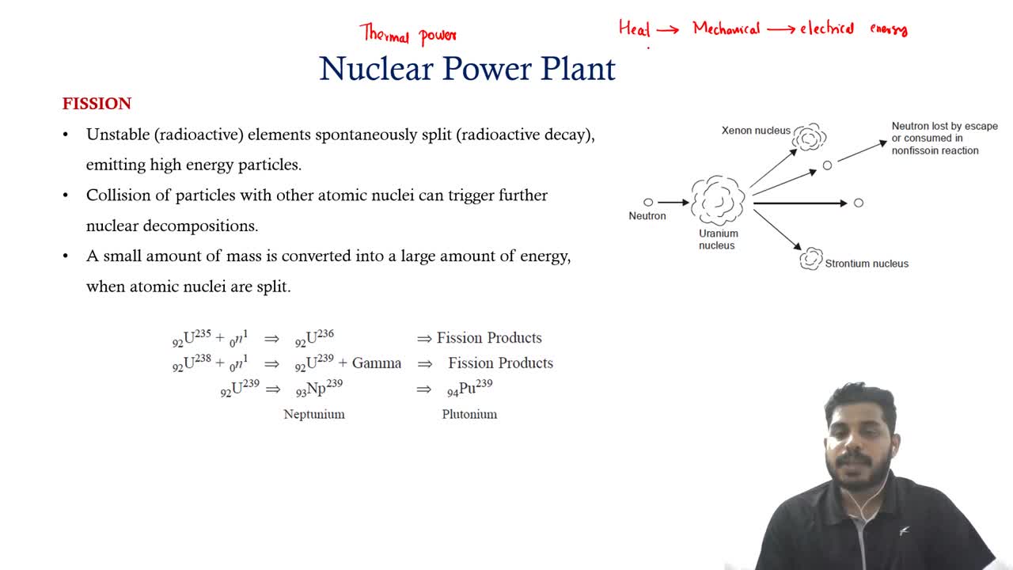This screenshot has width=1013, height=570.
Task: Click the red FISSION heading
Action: click(x=97, y=104)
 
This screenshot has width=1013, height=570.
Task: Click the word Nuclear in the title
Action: click(x=376, y=69)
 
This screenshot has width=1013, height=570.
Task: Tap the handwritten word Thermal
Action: click(x=385, y=33)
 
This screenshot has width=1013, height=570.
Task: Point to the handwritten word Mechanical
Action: click(x=727, y=29)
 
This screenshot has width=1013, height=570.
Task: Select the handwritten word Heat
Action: click(x=635, y=28)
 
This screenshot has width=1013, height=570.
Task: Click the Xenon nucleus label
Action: click(x=756, y=131)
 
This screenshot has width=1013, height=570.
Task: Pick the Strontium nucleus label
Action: click(x=867, y=264)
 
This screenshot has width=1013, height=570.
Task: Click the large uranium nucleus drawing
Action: click(x=718, y=200)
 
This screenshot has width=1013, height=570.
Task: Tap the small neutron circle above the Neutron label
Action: click(x=648, y=202)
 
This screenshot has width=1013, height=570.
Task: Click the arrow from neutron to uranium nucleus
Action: click(x=673, y=202)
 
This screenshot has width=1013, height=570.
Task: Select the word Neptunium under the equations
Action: click(x=314, y=414)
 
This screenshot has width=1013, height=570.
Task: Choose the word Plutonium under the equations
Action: click(x=469, y=414)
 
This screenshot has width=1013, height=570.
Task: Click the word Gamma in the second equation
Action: click(x=376, y=363)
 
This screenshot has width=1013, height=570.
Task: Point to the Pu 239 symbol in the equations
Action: click(x=470, y=389)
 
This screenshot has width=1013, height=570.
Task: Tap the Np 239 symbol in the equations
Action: click(x=319, y=389)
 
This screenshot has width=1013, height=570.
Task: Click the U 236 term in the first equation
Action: click(x=314, y=338)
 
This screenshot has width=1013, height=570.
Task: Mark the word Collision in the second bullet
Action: click(x=119, y=195)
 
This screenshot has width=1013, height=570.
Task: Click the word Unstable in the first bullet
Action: click(x=118, y=135)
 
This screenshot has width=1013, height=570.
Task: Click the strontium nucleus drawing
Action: click(x=810, y=259)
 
